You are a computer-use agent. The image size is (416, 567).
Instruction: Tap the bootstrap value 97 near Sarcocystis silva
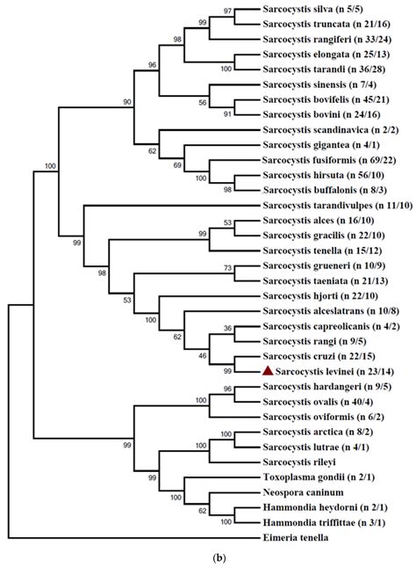coord(228,11)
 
